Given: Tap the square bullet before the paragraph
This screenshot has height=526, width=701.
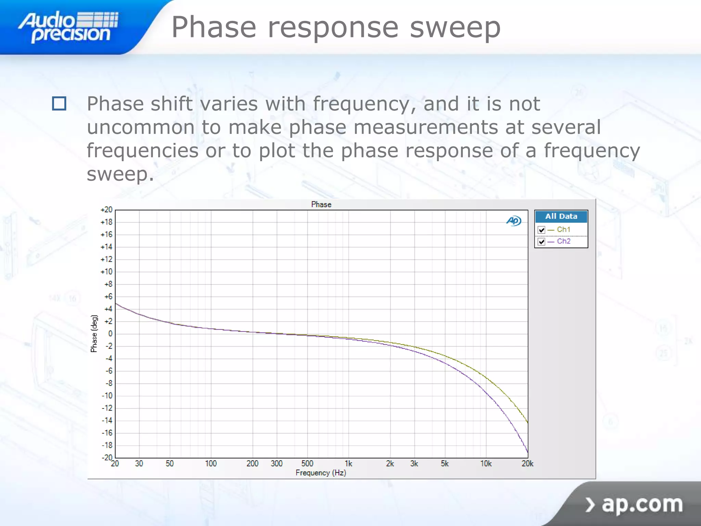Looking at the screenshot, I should (x=59, y=103).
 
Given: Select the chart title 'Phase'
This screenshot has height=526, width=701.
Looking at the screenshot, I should (x=321, y=204).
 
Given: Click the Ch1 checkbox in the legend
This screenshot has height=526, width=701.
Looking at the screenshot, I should (x=541, y=230).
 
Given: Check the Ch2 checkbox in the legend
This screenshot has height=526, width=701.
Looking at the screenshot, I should (x=541, y=241).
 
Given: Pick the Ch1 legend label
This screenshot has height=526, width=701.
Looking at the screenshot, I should (x=563, y=229).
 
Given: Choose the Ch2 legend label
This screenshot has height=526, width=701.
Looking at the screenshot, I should (x=563, y=241).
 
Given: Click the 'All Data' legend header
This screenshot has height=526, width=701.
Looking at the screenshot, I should (x=561, y=216).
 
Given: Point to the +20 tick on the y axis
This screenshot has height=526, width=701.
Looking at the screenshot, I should (x=106, y=210).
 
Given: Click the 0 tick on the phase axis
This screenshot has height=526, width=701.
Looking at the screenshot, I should (x=110, y=334).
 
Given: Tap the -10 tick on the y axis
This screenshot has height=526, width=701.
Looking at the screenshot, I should (x=107, y=396).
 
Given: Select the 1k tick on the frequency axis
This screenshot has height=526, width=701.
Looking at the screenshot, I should (x=348, y=464).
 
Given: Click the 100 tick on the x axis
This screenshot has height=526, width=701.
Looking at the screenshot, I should (x=211, y=464).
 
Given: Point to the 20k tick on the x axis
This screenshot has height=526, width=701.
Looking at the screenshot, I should (x=527, y=464).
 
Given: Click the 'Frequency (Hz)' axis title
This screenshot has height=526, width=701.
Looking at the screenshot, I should (x=321, y=473).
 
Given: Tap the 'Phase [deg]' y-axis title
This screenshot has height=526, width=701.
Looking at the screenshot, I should (x=94, y=334).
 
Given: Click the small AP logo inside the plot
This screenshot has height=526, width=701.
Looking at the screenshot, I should (x=514, y=221).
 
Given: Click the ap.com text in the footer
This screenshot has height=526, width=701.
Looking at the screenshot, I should (x=642, y=504).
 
